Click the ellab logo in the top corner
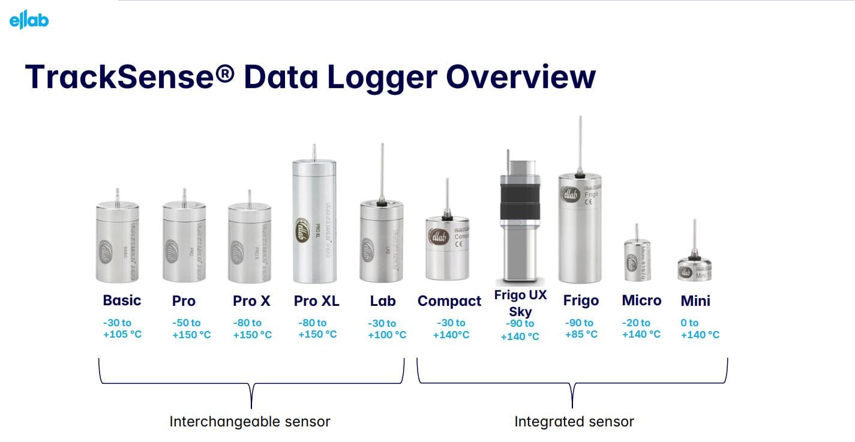pyautogui.click(x=29, y=20)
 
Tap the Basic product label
pyautogui.click(x=122, y=300)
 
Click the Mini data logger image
pyautogui.click(x=694, y=268)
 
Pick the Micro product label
pyautogui.click(x=641, y=300)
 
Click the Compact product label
pyautogui.click(x=449, y=301)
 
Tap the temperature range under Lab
pyautogui.click(x=386, y=329)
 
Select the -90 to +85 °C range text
pyautogui.click(x=580, y=328)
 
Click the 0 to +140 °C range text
pyautogui.click(x=700, y=329)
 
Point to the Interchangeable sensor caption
pyautogui.click(x=250, y=422)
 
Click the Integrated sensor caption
pyautogui.click(x=574, y=422)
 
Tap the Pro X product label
pyautogui.click(x=252, y=300)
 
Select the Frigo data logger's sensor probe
pyautogui.click(x=580, y=144)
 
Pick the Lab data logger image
pyautogui.click(x=380, y=240)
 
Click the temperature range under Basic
pyautogui.click(x=122, y=329)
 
